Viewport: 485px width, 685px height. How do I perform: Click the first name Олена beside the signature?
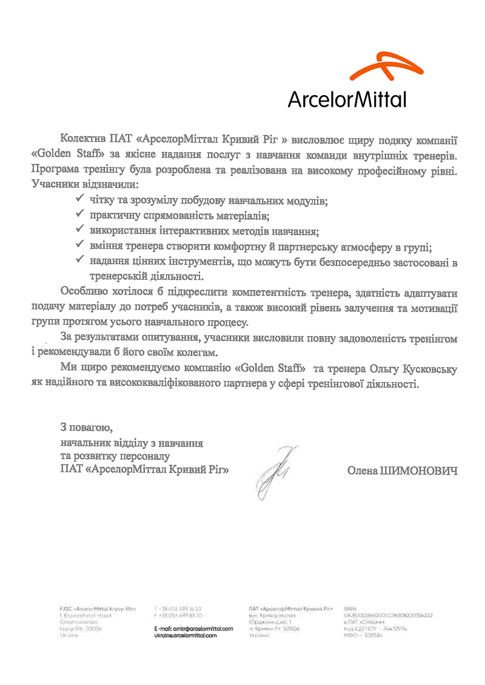pyautogui.click(x=362, y=470)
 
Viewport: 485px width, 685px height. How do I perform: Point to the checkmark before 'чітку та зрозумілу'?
pyautogui.click(x=79, y=197)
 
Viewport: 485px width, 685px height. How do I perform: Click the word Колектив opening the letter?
pyautogui.click(x=82, y=140)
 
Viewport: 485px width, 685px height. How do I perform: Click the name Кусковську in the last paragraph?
pyautogui.click(x=430, y=368)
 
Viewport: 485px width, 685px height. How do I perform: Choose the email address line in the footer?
pyautogui.click(x=194, y=629)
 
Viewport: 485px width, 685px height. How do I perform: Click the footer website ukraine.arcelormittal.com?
pyautogui.click(x=186, y=635)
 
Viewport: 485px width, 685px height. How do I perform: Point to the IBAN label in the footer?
pyautogui.click(x=349, y=607)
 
